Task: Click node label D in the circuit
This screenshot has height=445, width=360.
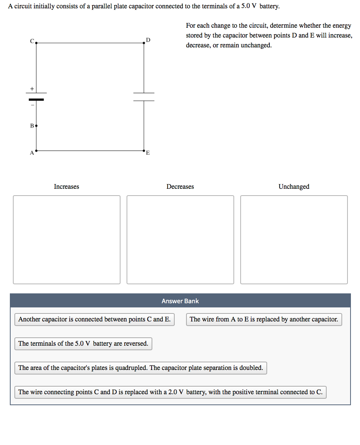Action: (x=148, y=39)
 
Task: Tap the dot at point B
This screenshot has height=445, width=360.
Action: (x=36, y=125)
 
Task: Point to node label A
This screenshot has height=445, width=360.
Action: (x=32, y=153)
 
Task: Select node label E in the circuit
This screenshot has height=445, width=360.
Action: (x=148, y=153)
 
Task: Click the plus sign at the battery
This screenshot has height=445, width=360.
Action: (x=32, y=88)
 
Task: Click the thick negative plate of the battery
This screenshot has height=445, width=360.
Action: (x=36, y=99)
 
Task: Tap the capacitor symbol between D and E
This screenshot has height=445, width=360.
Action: (x=144, y=97)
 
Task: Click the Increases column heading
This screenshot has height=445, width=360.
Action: (x=66, y=186)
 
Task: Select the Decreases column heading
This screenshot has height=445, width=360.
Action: (x=180, y=186)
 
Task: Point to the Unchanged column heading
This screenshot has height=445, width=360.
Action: (x=294, y=186)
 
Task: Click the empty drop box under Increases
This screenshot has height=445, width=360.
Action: (x=67, y=240)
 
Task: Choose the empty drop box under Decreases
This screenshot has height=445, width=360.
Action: (x=180, y=240)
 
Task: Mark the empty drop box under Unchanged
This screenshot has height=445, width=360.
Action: (x=294, y=240)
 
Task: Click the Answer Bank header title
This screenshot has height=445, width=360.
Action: (x=180, y=301)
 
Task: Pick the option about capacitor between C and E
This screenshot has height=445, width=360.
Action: (x=94, y=319)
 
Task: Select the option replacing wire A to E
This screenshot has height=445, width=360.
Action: (x=264, y=319)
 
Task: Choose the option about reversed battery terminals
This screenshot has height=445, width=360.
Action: (x=83, y=343)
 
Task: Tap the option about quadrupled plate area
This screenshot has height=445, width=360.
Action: (x=141, y=368)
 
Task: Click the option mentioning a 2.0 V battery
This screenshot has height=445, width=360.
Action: (x=170, y=392)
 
